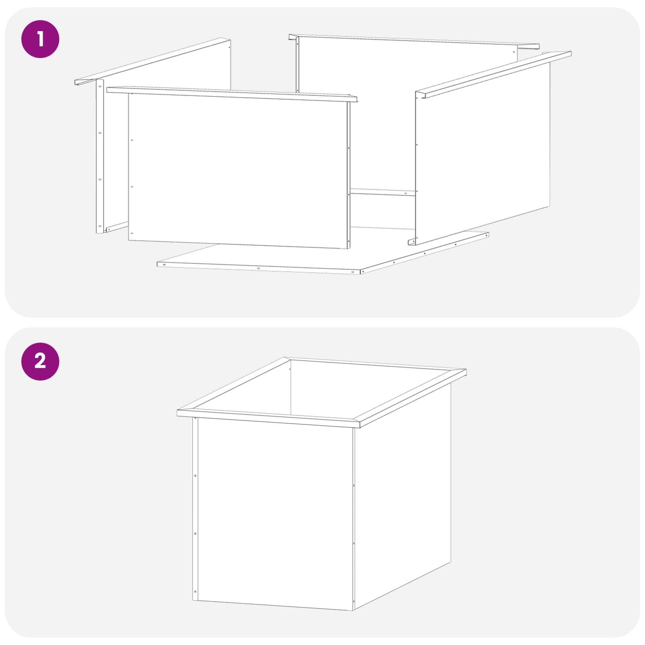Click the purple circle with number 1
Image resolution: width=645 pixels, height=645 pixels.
coord(40,39)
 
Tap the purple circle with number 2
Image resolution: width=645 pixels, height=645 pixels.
coord(40,361)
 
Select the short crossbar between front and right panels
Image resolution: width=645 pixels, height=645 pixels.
coord(383,192)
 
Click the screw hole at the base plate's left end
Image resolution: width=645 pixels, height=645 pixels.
coord(164,265)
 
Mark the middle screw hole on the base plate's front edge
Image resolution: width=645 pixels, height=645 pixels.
coord(258,268)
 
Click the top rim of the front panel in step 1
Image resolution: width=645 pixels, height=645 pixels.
coord(232,94)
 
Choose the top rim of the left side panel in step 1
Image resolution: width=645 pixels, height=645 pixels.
coord(152,61)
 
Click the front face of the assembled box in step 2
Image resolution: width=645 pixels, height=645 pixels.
coord(276,514)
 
